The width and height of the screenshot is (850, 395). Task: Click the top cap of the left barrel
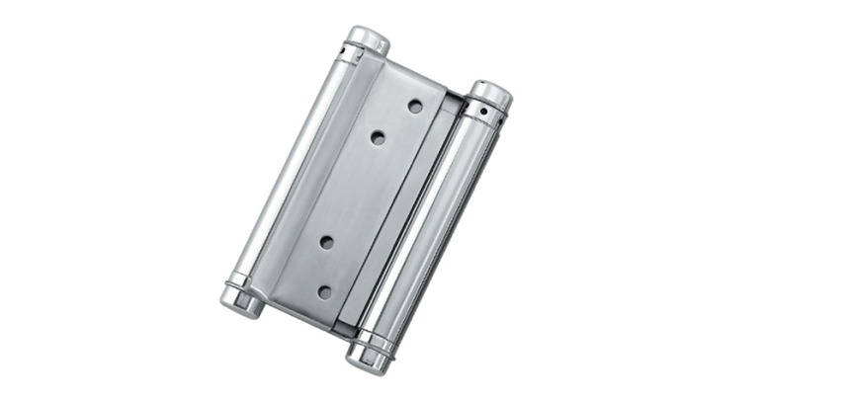[370, 39]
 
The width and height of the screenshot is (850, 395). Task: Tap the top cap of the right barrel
[491, 96]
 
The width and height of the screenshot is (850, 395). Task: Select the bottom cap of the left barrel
[240, 305]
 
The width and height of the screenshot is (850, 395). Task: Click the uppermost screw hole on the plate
[415, 105]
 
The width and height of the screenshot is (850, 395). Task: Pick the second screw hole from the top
[379, 137]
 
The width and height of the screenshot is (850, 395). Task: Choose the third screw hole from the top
[327, 241]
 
